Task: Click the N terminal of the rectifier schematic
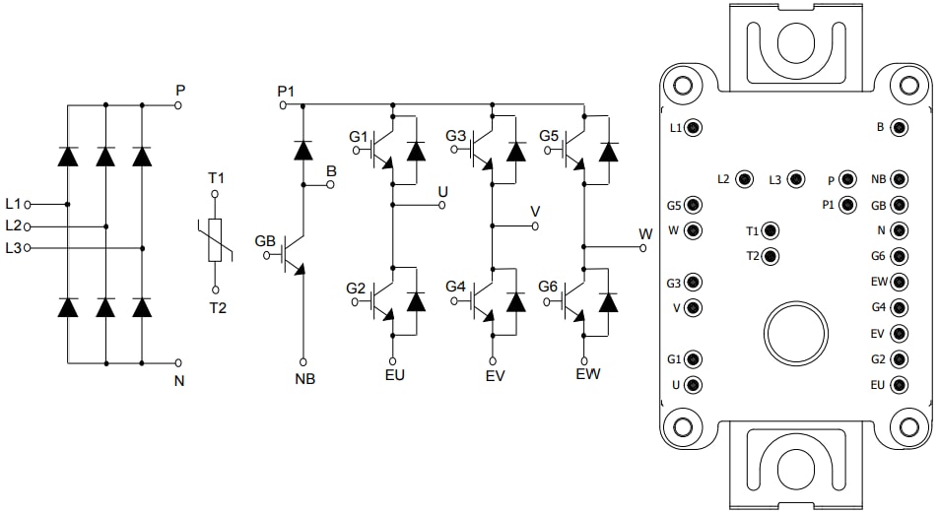point(177,362)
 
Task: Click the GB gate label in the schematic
point(265,241)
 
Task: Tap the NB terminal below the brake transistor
point(302,361)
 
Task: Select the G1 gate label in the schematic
point(358,136)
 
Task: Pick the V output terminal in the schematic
point(535,225)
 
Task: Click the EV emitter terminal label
point(495,376)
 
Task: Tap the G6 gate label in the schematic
point(549,287)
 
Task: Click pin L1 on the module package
point(694,128)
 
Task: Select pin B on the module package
point(899,128)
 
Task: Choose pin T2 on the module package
point(771,257)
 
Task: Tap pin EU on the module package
point(899,385)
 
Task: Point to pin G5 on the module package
point(694,206)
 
